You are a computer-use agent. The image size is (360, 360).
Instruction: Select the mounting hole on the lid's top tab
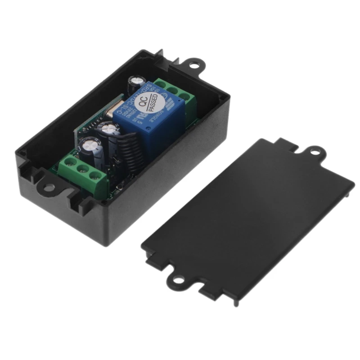pos(315,151)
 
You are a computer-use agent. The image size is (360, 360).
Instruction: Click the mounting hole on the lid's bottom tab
pos(179,281)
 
